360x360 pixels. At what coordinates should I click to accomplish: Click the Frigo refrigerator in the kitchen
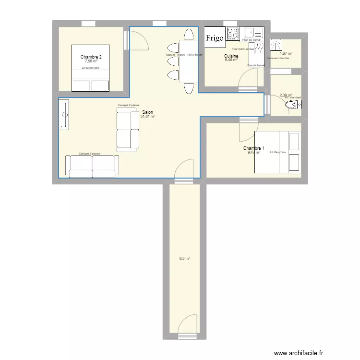click(215, 38)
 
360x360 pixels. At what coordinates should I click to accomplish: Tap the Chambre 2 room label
click(91, 57)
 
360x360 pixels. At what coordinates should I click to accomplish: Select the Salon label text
click(148, 112)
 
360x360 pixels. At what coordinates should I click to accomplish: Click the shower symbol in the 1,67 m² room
click(277, 45)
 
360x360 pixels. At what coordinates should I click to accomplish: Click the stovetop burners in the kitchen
click(233, 33)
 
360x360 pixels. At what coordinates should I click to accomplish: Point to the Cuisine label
click(231, 56)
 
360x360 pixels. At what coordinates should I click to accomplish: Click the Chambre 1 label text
click(253, 148)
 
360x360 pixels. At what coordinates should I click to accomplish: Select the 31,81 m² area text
click(147, 116)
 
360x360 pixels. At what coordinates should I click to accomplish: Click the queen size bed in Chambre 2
click(91, 68)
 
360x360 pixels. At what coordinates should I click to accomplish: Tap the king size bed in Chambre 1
click(277, 152)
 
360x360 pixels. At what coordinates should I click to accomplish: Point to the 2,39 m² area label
click(286, 95)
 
